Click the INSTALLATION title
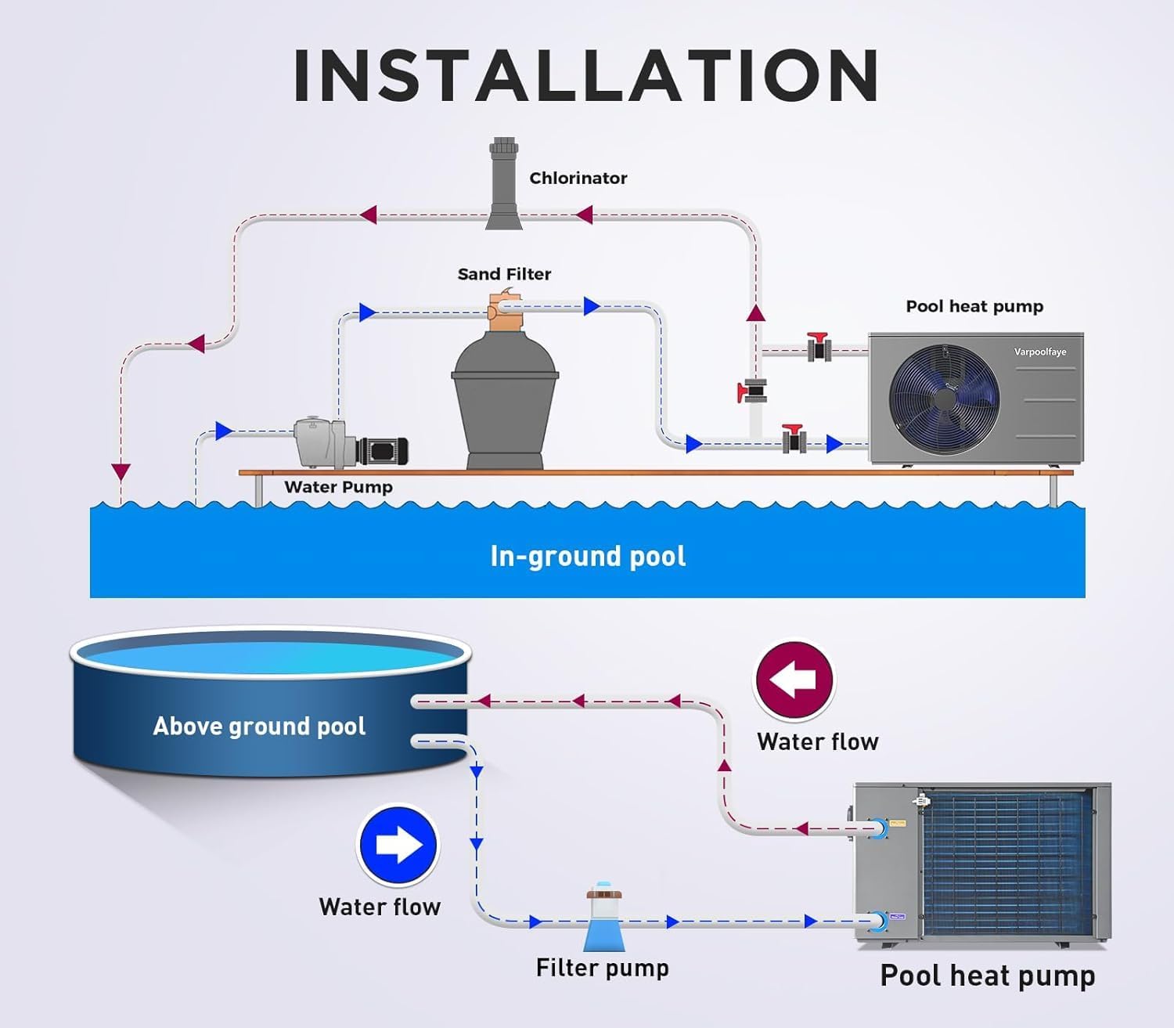(x=586, y=76)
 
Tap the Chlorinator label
(x=578, y=179)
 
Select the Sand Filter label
(x=504, y=274)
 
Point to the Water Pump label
(x=338, y=487)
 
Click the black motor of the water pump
(x=383, y=451)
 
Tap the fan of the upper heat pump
(x=945, y=399)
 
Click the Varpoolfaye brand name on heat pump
(x=1040, y=352)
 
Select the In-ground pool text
(x=588, y=556)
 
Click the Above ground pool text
(x=259, y=727)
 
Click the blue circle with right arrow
(x=398, y=846)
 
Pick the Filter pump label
(x=602, y=968)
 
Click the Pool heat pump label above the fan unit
(x=974, y=306)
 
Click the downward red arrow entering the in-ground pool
(x=121, y=471)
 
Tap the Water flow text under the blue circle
(x=380, y=907)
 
